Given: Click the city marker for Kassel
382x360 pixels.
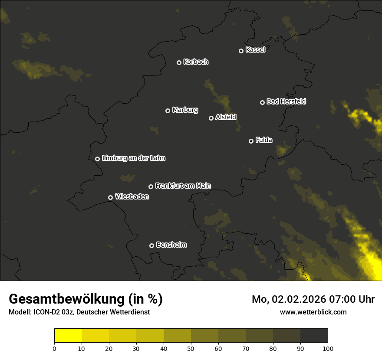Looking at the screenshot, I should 241,51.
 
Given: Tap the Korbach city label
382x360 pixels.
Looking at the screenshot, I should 196,62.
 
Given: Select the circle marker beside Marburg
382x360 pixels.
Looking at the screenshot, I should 168,111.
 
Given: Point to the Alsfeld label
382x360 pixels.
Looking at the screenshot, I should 226,118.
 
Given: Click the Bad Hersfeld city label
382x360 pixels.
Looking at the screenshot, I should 286,101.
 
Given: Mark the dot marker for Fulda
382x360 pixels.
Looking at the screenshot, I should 251,141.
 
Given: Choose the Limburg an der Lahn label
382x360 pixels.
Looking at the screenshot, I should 133,158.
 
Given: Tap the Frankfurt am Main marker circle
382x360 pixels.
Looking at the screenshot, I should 151,187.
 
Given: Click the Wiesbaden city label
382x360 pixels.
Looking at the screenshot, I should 132,197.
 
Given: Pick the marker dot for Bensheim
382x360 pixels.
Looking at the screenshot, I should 151,245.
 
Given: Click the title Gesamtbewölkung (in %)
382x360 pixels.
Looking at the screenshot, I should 86,299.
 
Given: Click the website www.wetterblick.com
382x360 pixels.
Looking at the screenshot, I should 313,312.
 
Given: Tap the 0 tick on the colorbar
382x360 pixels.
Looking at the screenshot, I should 54,348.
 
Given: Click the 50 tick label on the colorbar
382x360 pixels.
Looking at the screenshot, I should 191,348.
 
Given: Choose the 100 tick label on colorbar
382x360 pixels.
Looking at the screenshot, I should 328,348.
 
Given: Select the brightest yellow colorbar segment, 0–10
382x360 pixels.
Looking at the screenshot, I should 68,336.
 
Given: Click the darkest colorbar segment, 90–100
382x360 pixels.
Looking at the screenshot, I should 314,336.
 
